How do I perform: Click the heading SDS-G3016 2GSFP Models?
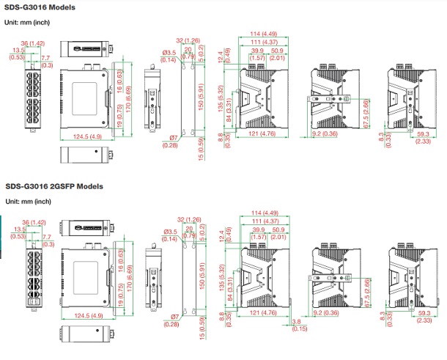coord(54,187)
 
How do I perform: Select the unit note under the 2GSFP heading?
coord(29,201)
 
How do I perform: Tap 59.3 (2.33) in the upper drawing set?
coord(423,139)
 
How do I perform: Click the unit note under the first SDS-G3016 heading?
coord(29,21)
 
